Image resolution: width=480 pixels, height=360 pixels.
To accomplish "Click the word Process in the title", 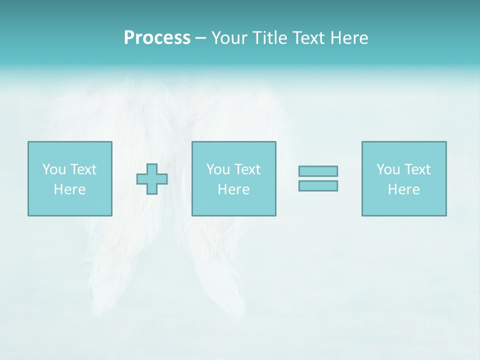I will tap(157, 38).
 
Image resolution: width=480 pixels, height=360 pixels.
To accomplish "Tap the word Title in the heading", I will tap(270, 38).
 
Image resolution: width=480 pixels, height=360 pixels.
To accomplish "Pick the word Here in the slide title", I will tap(349, 38).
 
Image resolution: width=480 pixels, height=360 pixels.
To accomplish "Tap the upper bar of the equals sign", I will tap(318, 171).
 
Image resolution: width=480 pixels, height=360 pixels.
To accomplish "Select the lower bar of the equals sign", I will tap(318, 185).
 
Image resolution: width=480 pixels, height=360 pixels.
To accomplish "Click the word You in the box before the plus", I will tap(54, 169).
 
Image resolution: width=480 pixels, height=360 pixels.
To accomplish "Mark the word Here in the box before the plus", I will tap(69, 189).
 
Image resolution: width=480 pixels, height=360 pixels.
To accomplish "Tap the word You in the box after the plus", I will tap(218, 169).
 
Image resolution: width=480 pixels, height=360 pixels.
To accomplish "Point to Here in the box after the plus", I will tap(233, 189).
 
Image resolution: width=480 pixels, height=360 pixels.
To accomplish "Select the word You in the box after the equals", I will tap(388, 169).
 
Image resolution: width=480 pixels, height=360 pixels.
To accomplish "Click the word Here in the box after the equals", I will tap(403, 189).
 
